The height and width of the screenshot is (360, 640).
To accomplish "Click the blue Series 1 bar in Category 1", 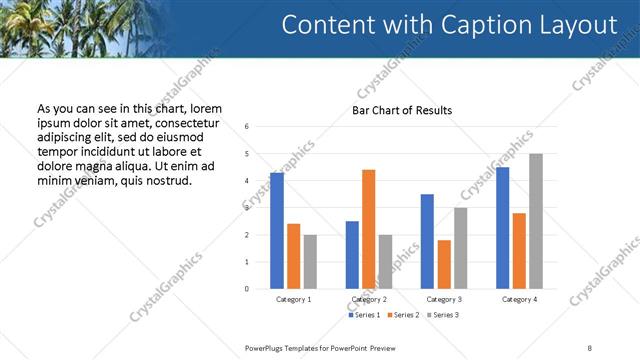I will [277, 231].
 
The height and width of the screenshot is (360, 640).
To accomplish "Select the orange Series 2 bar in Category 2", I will [369, 229].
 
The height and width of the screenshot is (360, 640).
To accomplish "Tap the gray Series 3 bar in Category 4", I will [536, 221].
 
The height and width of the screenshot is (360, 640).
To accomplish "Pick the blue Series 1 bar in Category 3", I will [427, 241].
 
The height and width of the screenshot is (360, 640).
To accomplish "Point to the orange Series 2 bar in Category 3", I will [444, 264].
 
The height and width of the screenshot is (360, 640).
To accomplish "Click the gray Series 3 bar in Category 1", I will [310, 262].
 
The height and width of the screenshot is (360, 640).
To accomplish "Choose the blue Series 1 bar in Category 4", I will [502, 228].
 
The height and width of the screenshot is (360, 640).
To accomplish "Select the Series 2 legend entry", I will [403, 315].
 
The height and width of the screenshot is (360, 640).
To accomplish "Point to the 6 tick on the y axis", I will [247, 127].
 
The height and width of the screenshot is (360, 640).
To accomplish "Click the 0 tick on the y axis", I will [247, 289].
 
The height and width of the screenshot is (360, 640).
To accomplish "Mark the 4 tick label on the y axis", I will [247, 181].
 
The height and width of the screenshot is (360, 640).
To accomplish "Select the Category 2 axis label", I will [369, 299].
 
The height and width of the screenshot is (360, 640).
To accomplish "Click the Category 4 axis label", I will [519, 299].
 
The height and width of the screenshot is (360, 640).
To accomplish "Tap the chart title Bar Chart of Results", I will [402, 110].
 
